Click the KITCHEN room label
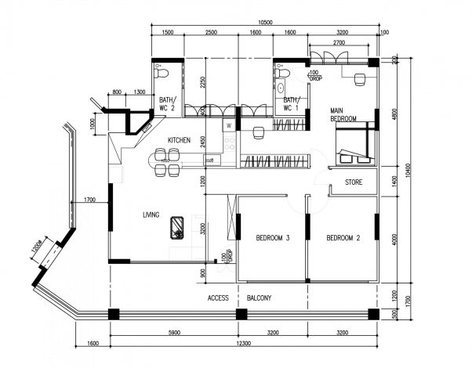[179, 140]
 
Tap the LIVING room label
[151, 213]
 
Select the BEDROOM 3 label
[273, 238]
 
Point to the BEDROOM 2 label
[343, 238]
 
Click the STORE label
[354, 182]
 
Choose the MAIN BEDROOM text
[343, 114]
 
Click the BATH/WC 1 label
[291, 104]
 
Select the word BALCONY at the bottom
[259, 298]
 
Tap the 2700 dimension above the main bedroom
[340, 42]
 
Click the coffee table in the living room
[178, 226]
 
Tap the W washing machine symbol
[229, 125]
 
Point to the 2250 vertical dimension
[202, 83]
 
